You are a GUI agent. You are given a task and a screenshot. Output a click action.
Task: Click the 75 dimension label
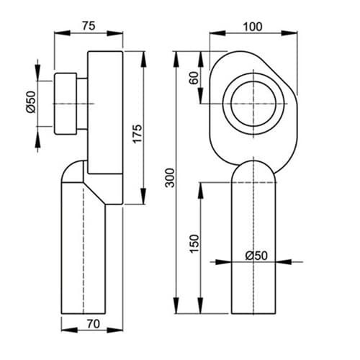pos(89,26)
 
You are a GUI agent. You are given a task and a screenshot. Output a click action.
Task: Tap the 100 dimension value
pos(253,27)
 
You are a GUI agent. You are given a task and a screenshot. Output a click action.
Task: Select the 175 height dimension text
pos(138,134)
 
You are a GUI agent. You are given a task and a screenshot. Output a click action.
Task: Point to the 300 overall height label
pos(170,178)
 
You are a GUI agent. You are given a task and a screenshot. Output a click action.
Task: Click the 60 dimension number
pos(194,78)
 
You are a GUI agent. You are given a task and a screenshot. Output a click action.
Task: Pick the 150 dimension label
pos(194,243)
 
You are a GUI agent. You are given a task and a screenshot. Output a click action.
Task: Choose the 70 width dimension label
pos(93,324)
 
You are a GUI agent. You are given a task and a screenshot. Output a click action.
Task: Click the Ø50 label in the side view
pos(31,102)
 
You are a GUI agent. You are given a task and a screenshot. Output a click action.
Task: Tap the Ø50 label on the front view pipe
pos(256,256)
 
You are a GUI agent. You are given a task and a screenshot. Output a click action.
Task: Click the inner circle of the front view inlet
pos(253,81)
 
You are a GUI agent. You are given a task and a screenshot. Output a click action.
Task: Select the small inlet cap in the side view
pos(66,104)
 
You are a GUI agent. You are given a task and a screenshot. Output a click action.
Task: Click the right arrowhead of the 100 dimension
pos(289,33)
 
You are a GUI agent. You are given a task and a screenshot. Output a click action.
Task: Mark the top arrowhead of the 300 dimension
pos(176,59)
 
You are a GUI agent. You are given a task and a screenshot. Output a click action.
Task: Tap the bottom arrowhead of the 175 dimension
pos(143,197)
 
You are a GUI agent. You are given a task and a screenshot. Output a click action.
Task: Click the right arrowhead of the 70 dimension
pos(114,330)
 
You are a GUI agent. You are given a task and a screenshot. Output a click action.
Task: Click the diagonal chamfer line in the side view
pos(94,194)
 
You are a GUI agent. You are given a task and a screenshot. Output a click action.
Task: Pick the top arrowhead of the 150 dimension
pos(201,190)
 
